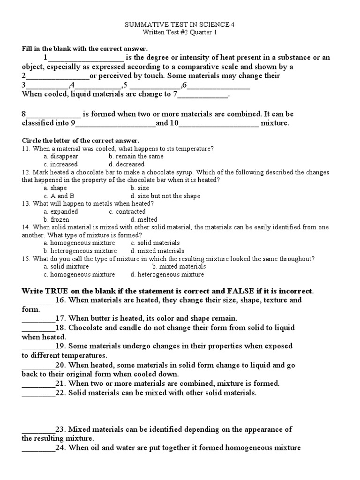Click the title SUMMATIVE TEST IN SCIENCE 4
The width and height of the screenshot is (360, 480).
180,24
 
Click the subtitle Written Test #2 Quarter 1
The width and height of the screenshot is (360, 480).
180,32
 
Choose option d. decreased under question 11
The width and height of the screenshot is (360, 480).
126,165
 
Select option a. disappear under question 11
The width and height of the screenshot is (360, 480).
61,157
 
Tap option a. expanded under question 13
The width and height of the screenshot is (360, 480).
61,211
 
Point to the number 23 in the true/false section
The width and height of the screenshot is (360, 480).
60,429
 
